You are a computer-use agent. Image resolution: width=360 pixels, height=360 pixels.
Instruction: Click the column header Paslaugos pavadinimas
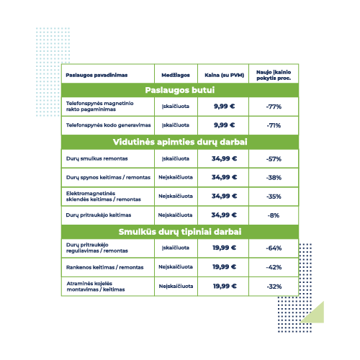coord(96,75)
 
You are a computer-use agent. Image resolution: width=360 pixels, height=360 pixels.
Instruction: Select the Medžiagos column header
coord(176,75)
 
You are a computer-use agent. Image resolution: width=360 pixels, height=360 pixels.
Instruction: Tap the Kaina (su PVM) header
coord(224,75)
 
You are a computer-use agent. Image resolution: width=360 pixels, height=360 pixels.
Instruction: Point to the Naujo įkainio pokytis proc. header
coord(274,75)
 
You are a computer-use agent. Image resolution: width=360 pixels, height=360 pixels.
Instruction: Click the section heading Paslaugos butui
coord(180,90)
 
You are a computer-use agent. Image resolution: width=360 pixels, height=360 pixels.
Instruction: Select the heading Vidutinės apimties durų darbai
coord(180,142)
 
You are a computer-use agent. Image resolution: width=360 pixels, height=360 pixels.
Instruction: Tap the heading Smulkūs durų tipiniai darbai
coord(180,232)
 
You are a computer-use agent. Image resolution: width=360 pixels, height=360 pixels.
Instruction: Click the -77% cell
coord(274,107)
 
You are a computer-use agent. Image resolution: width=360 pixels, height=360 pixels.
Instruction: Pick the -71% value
coord(274,125)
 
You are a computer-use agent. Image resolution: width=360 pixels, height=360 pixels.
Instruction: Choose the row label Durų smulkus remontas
coord(96,158)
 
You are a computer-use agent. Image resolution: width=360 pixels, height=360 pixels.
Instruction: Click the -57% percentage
coord(274,159)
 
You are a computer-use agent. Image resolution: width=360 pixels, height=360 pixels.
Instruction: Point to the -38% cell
coord(274,178)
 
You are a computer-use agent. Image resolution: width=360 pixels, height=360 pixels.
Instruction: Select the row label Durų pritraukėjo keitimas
coord(99,215)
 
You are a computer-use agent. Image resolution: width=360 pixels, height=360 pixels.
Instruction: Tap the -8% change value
coord(274,215)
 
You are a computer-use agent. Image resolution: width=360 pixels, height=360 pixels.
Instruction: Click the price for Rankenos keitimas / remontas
coord(225,266)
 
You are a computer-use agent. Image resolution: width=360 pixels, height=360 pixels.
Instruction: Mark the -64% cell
coord(274,248)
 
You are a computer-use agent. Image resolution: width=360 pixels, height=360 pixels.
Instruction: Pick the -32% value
coord(274,287)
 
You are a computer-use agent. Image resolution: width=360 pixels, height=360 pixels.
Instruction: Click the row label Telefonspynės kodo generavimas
coord(108,125)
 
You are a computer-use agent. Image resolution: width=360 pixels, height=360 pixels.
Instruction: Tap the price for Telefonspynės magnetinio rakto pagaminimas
coord(225,106)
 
